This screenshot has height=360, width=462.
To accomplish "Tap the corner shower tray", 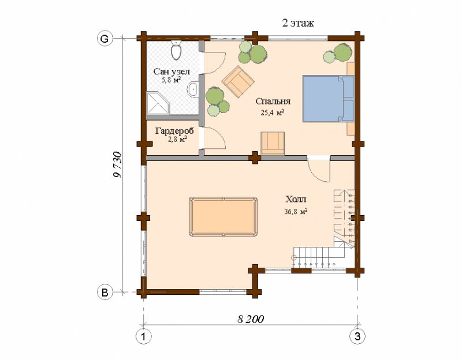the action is click(x=158, y=103).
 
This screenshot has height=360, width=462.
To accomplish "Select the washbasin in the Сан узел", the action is click(x=193, y=88).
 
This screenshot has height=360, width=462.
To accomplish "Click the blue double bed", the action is click(x=328, y=99).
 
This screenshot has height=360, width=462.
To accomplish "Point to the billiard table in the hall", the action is click(x=223, y=216).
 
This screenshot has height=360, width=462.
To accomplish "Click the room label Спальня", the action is click(x=273, y=102).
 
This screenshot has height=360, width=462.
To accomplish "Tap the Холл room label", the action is click(x=296, y=199).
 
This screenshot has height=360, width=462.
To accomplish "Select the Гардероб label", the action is click(x=175, y=131).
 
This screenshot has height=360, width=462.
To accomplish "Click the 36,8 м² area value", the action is click(x=296, y=211).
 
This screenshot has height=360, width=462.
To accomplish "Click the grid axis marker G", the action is click(x=105, y=39).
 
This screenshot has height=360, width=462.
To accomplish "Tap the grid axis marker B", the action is click(x=105, y=292).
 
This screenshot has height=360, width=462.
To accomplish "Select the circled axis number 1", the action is click(x=143, y=336).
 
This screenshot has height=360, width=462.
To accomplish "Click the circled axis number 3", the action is click(x=357, y=336).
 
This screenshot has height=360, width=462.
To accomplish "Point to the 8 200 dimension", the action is click(x=251, y=319).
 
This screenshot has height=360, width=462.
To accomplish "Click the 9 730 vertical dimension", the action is click(x=117, y=165).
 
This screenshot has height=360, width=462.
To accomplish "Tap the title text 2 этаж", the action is click(x=298, y=23).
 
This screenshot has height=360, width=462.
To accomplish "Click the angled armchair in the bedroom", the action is click(x=238, y=82).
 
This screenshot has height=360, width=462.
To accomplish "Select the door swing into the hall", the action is click(x=318, y=171).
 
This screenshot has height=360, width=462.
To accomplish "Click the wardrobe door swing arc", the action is click(x=219, y=135).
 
